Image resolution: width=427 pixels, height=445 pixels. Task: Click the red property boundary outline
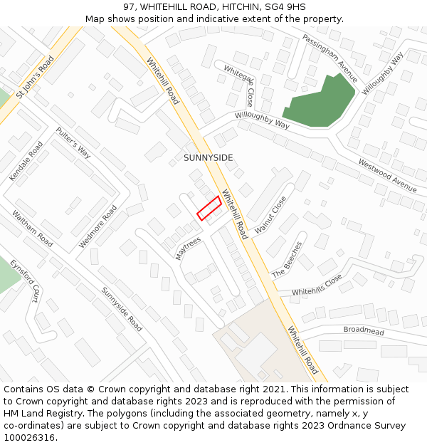point(209,208)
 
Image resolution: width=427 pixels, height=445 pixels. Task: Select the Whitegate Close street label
point(239,85)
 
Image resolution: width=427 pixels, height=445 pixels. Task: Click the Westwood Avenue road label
point(387,176)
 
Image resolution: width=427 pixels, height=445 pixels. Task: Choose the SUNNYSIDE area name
point(209,157)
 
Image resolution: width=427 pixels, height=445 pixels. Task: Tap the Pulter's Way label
point(74,142)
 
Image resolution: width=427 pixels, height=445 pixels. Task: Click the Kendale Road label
point(26,161)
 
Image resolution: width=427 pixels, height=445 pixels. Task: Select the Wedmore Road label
point(97,226)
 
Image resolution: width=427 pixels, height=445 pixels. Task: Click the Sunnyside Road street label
point(121,309)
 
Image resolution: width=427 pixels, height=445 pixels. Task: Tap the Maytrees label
point(188,248)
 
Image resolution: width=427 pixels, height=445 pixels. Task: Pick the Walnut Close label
point(270,214)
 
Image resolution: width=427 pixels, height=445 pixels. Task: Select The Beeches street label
point(287,260)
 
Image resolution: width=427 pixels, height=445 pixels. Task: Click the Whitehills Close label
point(317,286)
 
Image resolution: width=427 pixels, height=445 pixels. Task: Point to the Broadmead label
point(363,330)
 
